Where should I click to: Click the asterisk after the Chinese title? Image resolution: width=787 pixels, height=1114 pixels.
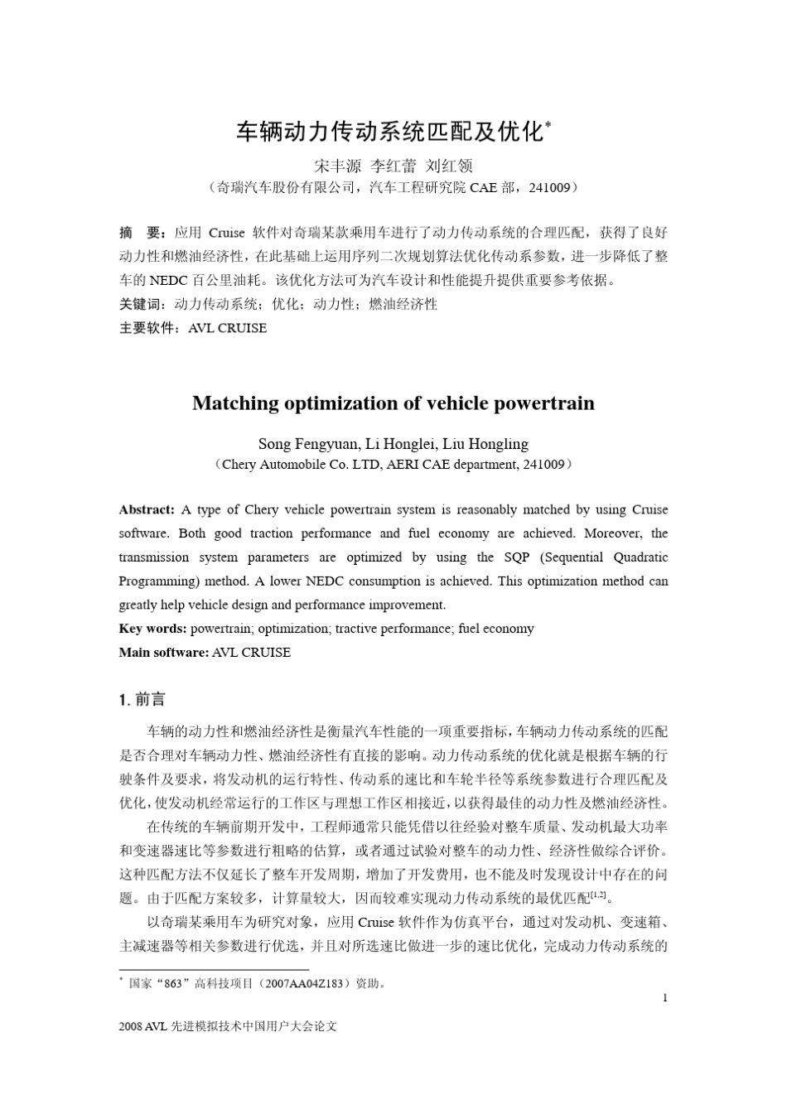[x=548, y=125]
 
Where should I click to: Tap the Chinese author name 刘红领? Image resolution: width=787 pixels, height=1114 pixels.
[x=448, y=166]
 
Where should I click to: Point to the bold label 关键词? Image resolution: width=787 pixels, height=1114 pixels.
[x=140, y=304]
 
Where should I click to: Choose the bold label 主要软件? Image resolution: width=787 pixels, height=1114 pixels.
[x=147, y=328]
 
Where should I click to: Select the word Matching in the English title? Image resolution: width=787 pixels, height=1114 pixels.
[x=235, y=403]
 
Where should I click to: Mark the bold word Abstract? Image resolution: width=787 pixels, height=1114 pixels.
[x=147, y=509]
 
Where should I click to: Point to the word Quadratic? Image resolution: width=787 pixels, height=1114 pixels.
[x=640, y=557]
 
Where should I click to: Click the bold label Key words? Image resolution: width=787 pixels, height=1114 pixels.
[x=152, y=629]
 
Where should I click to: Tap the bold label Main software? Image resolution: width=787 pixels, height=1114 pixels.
[x=163, y=653]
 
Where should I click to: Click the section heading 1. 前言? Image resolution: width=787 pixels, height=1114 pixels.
[x=142, y=700]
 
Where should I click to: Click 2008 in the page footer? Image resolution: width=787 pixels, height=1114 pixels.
[x=131, y=1026]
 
